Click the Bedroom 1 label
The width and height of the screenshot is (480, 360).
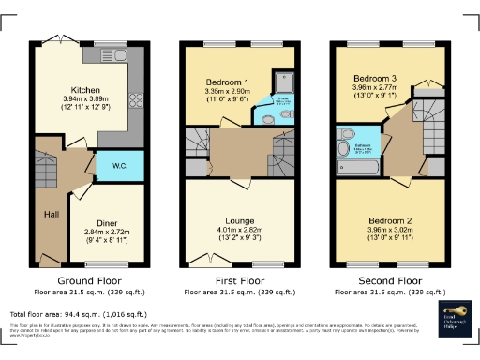(x=226, y=82)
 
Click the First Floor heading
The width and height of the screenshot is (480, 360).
(x=238, y=279)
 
